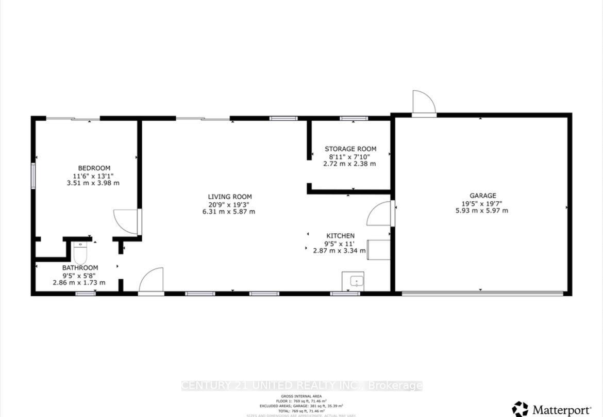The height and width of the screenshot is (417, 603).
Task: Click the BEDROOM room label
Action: (94, 168)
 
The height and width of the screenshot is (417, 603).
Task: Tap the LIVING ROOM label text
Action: (230, 197)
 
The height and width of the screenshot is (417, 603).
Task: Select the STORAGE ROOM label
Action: (350, 149)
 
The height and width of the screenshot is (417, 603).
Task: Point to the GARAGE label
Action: (483, 196)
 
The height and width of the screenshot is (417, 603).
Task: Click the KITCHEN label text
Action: (340, 236)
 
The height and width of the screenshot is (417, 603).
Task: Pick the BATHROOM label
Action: (80, 268)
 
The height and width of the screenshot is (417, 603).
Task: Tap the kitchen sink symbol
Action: (353, 281)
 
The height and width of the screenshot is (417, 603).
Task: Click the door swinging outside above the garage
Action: (424, 103)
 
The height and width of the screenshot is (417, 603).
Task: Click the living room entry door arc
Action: (151, 280)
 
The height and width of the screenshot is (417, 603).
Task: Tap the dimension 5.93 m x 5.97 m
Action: (483, 211)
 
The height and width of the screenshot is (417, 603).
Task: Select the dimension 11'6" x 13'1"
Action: (94, 175)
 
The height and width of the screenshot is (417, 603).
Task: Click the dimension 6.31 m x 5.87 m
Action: (230, 212)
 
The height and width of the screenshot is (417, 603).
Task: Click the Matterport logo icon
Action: (520, 409)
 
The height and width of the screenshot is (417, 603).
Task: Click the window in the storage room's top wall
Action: (354, 119)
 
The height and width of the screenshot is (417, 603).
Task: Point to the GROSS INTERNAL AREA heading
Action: (302, 396)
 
